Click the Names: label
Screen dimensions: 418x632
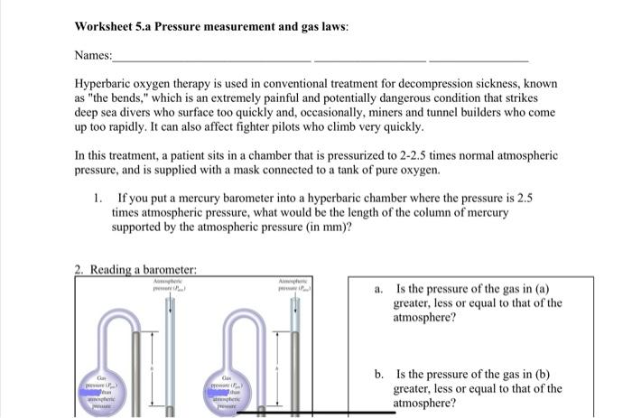tap(93, 56)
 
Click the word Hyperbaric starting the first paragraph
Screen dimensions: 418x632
tap(107, 83)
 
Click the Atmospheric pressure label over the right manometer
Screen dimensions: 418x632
tap(296, 286)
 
